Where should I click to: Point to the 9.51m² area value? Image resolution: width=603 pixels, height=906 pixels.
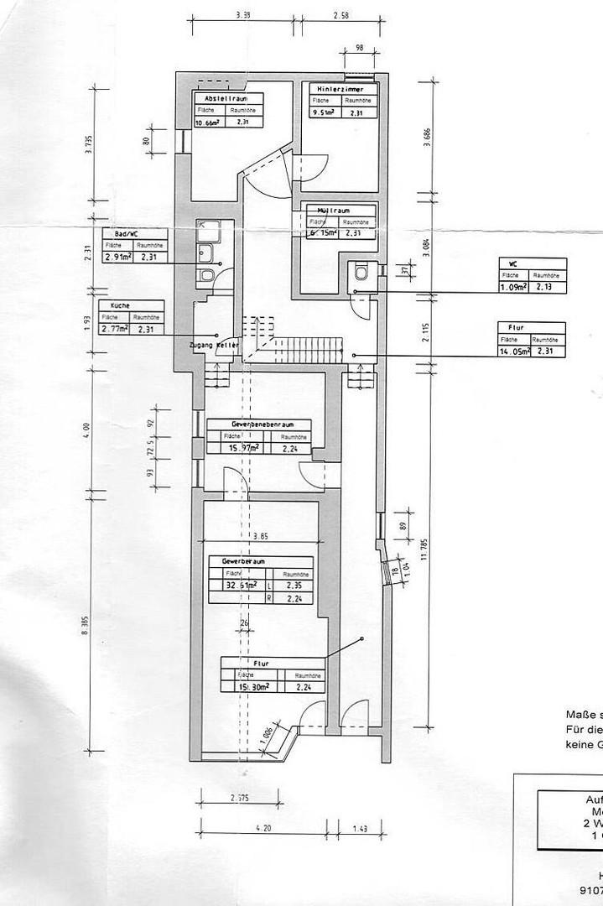coord(324,113)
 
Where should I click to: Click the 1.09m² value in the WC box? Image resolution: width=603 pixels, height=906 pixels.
coord(513,287)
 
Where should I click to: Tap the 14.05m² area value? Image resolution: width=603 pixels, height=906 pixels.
coord(513,351)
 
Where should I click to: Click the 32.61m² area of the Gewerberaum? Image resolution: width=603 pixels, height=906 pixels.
coord(238,586)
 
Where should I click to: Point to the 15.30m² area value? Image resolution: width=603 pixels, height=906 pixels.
coord(253,686)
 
